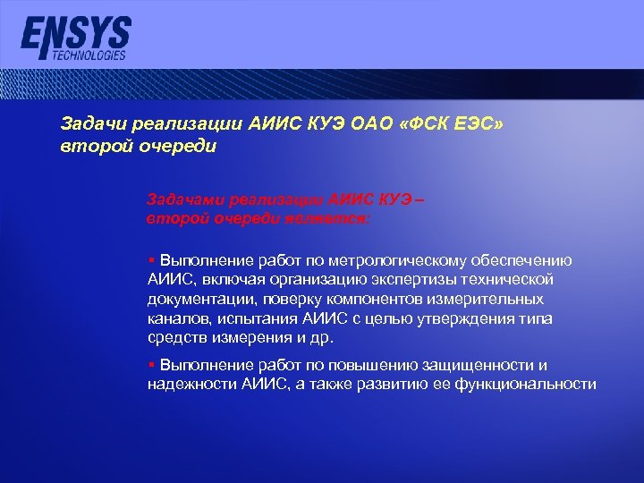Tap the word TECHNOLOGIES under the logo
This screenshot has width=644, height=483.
pyautogui.click(x=89, y=55)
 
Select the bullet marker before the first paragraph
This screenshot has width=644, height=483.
pyautogui.click(x=151, y=260)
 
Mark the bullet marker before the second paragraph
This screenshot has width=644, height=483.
pyautogui.click(x=151, y=365)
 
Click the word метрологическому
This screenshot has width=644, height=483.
pyautogui.click(x=386, y=260)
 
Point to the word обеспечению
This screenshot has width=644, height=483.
pyautogui.click(x=525, y=260)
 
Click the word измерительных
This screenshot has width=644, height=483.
pyautogui.click(x=491, y=299)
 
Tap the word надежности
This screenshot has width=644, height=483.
pyautogui.click(x=191, y=384)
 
